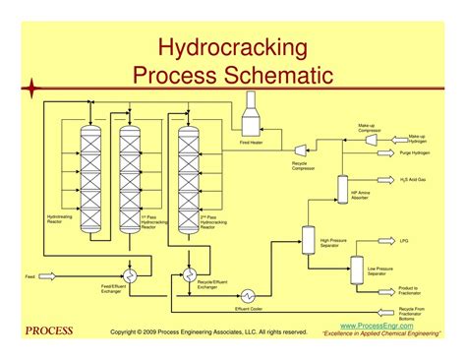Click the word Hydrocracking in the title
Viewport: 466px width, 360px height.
click(233, 46)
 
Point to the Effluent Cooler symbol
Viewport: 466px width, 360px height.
click(250, 294)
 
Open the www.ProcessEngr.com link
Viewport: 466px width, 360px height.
click(377, 324)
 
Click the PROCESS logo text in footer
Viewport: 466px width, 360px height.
click(48, 330)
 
